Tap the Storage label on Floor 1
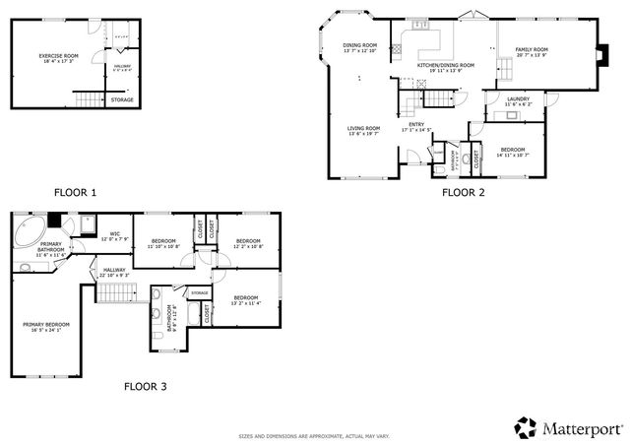click(x=121, y=99)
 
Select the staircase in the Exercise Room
click(x=90, y=98)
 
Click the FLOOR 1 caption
click(x=75, y=192)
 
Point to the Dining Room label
click(x=360, y=45)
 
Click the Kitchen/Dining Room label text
click(x=445, y=65)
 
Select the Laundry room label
click(x=518, y=99)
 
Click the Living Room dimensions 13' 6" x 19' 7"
click(x=363, y=135)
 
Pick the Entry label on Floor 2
click(x=416, y=124)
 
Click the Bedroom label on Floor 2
click(x=513, y=149)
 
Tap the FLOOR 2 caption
click(x=463, y=192)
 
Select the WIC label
click(x=114, y=234)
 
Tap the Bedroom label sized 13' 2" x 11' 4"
click(x=246, y=298)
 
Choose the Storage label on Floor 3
click(x=199, y=292)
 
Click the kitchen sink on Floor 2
click(x=417, y=23)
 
